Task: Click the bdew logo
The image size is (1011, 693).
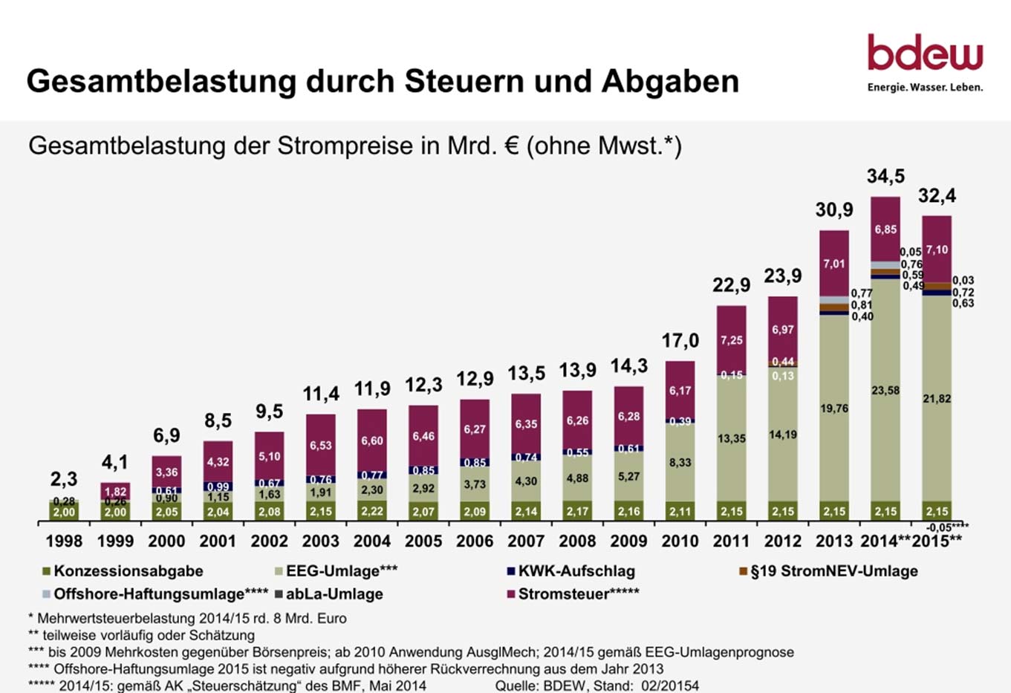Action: tap(925, 62)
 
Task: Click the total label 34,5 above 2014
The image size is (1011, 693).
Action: tap(885, 177)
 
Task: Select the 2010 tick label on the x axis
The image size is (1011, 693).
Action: tap(680, 541)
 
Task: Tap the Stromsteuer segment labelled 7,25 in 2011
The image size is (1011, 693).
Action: tap(732, 340)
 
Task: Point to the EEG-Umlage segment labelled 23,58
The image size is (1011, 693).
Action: tap(885, 390)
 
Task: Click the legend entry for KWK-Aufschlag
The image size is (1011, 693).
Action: tap(576, 571)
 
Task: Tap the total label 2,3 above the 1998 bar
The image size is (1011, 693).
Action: tap(64, 479)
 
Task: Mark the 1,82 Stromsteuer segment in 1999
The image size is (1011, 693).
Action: tap(115, 491)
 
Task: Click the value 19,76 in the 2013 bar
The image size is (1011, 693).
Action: tap(834, 409)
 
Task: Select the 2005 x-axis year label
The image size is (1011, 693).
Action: tap(423, 541)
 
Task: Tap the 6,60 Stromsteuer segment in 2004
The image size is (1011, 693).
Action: tap(372, 440)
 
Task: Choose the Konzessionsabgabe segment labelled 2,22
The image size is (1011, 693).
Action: tap(372, 511)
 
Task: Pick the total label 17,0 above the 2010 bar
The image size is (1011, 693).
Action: tap(680, 341)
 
